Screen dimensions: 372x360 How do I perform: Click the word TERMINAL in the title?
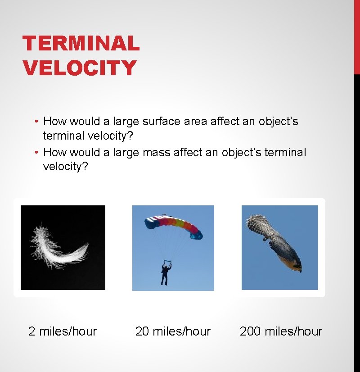pyautogui.click(x=81, y=44)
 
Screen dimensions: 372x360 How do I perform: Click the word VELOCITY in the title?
pyautogui.click(x=80, y=68)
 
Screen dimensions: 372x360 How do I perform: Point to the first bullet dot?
pyautogui.click(x=36, y=122)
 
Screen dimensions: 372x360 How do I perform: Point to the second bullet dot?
pyautogui.click(x=36, y=153)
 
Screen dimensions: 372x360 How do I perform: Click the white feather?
pyautogui.click(x=58, y=246)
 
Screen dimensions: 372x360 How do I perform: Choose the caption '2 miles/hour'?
pyautogui.click(x=63, y=331)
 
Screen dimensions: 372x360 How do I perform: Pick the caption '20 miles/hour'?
pyautogui.click(x=173, y=331)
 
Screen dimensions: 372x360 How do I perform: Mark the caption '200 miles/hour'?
pyautogui.click(x=281, y=331)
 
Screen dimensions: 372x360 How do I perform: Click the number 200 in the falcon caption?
pyautogui.click(x=250, y=331)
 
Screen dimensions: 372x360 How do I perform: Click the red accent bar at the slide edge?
pyautogui.click(x=357, y=36)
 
